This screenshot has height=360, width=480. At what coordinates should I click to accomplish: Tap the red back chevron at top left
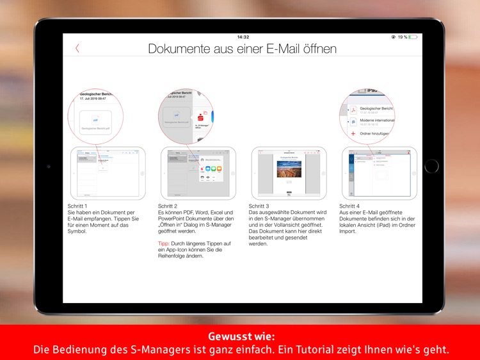pyautogui.click(x=77, y=48)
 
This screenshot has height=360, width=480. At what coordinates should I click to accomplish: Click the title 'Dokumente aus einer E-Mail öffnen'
pyautogui.click(x=242, y=49)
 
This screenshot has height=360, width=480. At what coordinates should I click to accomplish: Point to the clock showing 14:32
pyautogui.click(x=243, y=37)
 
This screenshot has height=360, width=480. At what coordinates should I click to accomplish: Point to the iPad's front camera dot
pyautogui.click(x=49, y=166)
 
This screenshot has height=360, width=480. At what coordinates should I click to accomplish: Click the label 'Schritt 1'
pyautogui.click(x=78, y=206)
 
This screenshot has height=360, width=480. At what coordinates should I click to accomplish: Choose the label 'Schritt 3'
pyautogui.click(x=260, y=206)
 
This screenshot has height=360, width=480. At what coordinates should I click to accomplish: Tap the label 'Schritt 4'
pyautogui.click(x=351, y=206)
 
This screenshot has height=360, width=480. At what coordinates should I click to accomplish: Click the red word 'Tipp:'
pyautogui.click(x=164, y=244)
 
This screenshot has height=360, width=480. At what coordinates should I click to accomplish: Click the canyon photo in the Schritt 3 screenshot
pyautogui.click(x=289, y=169)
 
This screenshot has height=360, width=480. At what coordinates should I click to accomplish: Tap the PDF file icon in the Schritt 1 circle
pyautogui.click(x=95, y=119)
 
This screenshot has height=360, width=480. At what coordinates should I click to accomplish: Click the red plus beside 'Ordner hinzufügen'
pyautogui.click(x=352, y=133)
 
